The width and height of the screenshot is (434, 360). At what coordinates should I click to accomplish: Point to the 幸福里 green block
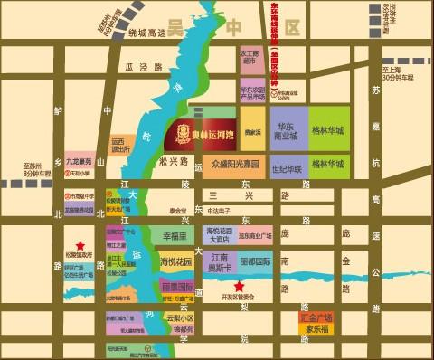[174, 235]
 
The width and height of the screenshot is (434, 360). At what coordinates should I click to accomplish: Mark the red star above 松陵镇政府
[80, 245]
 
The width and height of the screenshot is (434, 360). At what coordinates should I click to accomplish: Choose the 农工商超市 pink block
[250, 56]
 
